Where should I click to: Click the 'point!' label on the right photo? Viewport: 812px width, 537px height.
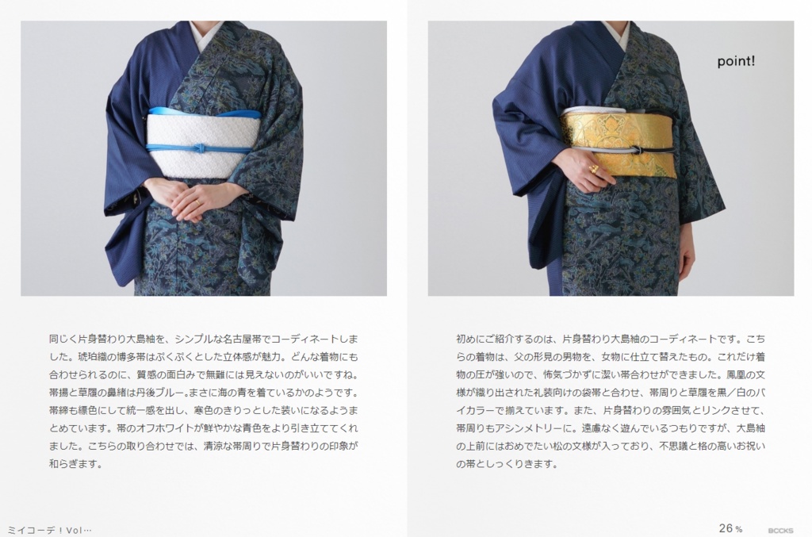click(736, 62)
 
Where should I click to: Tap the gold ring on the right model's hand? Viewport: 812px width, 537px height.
click(595, 169)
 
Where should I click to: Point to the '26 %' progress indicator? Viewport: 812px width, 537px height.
click(730, 528)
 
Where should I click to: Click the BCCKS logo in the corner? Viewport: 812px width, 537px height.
click(780, 531)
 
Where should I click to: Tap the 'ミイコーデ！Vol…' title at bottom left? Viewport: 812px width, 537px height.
click(49, 531)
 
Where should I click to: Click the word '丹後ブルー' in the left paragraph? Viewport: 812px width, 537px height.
click(159, 393)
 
